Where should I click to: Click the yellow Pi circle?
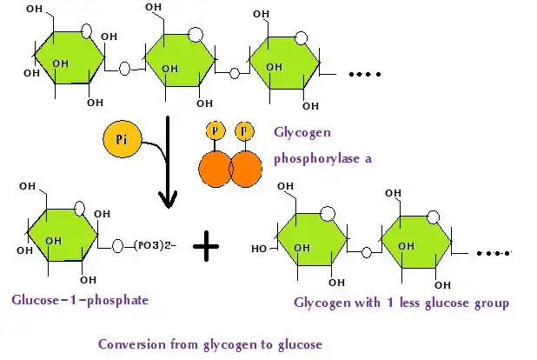click(x=121, y=140)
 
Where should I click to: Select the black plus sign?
click(x=206, y=249)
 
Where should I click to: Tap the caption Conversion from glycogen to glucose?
click(x=209, y=343)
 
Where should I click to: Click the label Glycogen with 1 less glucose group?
click(x=401, y=303)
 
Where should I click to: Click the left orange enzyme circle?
click(x=217, y=167)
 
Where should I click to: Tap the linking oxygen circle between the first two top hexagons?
click(x=125, y=67)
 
